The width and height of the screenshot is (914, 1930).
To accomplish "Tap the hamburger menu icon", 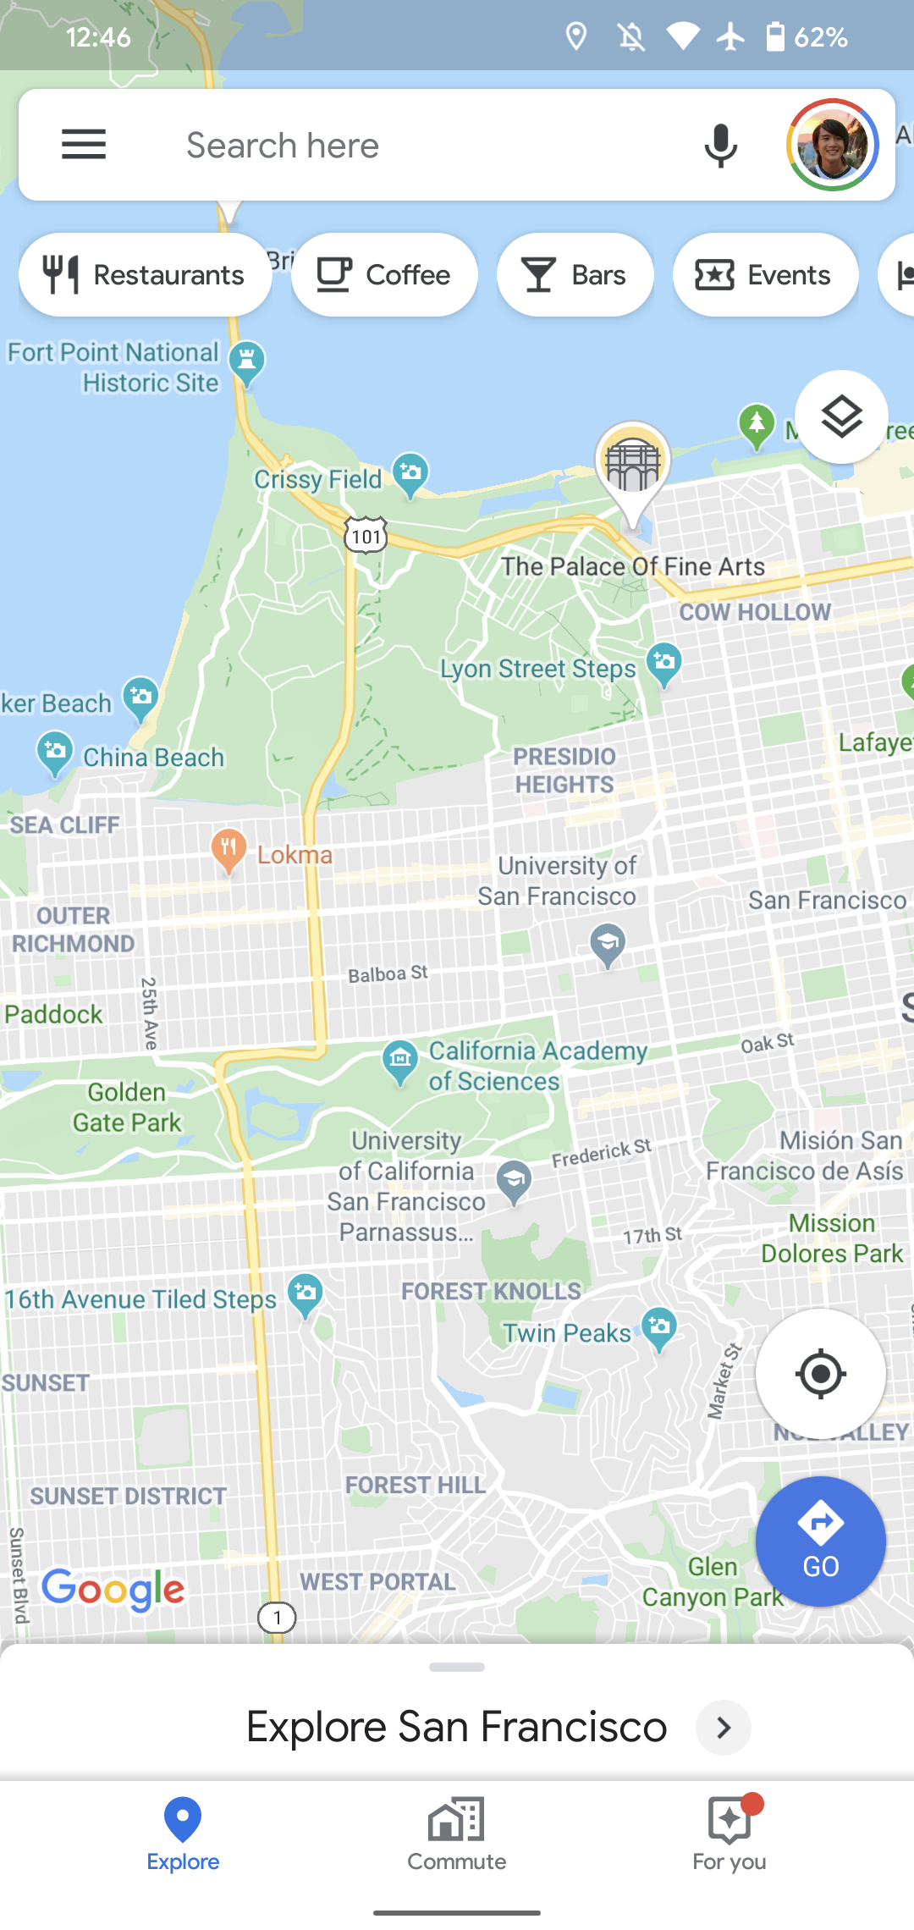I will (x=84, y=145).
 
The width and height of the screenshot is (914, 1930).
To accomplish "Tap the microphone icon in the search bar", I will (x=720, y=146).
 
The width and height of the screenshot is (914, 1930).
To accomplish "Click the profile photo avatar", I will (x=833, y=145).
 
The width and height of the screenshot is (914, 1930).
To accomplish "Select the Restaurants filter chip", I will (x=146, y=275).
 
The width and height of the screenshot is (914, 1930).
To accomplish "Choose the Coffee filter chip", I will (x=384, y=275).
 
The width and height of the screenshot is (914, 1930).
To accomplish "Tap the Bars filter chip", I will (x=575, y=275).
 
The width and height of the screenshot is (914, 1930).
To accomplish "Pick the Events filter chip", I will (x=765, y=275).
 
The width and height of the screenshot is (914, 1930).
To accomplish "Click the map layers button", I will (x=841, y=416).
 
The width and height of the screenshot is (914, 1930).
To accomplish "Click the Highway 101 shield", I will (x=366, y=536).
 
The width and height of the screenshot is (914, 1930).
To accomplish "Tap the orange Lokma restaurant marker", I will (x=228, y=849).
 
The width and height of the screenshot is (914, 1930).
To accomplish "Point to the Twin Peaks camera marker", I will (x=659, y=1327).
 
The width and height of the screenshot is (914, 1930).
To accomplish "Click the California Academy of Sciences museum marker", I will (x=400, y=1060).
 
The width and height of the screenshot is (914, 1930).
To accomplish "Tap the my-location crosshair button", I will (x=820, y=1374).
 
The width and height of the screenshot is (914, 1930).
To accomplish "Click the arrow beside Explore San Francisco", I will (x=724, y=1727).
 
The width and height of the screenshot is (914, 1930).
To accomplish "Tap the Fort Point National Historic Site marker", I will (x=246, y=361).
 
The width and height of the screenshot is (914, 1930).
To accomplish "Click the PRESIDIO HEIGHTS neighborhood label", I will (x=564, y=770).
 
